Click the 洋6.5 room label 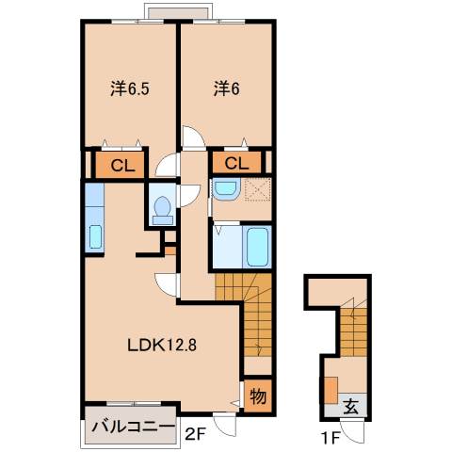[x=129, y=90]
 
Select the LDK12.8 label [x=161, y=345]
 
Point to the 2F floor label [x=195, y=434]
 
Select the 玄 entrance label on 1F [x=350, y=407]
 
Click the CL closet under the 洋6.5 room [x=121, y=166]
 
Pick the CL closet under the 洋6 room [x=236, y=164]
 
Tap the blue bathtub [x=256, y=247]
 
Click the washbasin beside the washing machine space [x=225, y=188]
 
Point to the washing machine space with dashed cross [x=256, y=188]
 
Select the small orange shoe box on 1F [x=331, y=391]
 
